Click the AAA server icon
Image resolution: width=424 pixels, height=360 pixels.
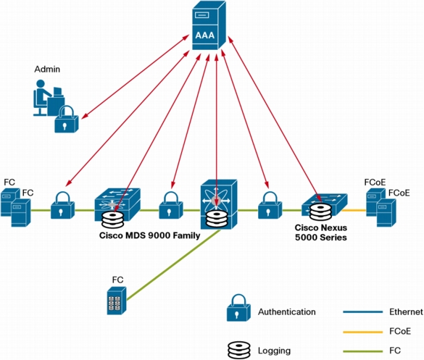[x=209, y=25]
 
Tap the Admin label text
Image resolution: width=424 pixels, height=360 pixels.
[x=47, y=70]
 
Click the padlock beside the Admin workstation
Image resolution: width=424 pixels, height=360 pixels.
[x=66, y=120]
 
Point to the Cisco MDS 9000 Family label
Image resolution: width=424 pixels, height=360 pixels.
[x=150, y=235]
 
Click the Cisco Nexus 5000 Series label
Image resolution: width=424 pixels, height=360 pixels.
[x=321, y=233]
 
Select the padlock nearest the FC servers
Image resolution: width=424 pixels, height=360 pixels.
[x=63, y=205]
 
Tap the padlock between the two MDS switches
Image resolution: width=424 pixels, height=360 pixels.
[x=171, y=205]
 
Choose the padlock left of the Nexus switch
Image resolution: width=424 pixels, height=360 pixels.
[x=270, y=205]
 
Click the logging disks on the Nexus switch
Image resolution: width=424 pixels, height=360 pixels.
[x=320, y=212]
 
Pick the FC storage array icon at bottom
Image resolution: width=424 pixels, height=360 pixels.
[x=117, y=301]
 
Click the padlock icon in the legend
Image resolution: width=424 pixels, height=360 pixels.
[x=238, y=308]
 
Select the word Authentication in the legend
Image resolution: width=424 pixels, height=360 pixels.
[x=286, y=312]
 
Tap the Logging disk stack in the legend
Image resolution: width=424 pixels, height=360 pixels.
[x=239, y=350]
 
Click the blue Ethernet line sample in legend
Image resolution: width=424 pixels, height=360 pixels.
[x=363, y=312]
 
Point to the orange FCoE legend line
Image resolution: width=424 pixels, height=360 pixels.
[x=363, y=332]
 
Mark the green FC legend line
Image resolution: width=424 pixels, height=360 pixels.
[x=363, y=351]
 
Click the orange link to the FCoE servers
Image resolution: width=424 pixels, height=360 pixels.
[x=354, y=210]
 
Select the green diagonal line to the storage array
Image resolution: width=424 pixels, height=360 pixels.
[x=173, y=265]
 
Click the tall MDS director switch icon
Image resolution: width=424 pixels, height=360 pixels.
[x=219, y=204]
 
